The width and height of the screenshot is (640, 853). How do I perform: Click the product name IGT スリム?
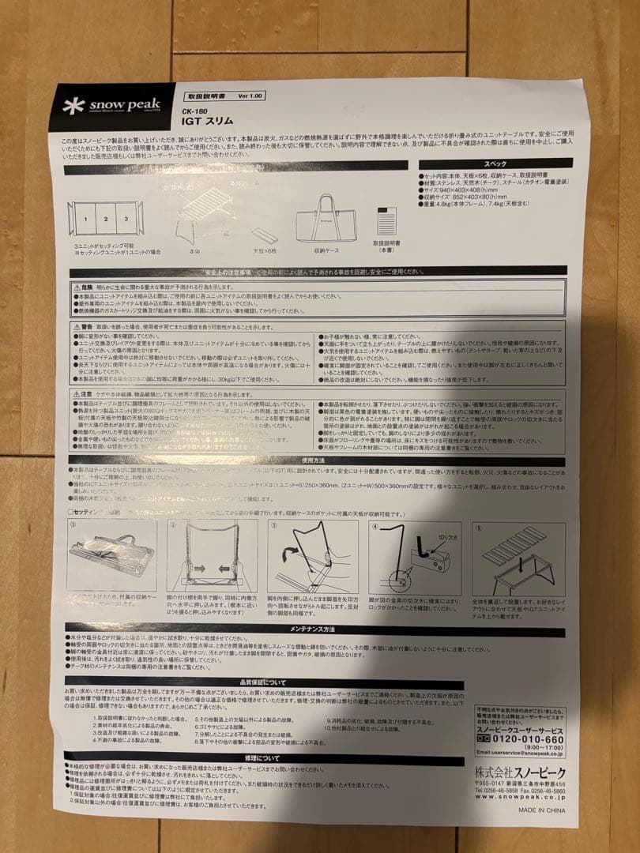[205, 123]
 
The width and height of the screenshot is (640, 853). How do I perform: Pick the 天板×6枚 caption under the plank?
[265, 250]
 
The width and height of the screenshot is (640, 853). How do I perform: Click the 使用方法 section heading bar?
[316, 462]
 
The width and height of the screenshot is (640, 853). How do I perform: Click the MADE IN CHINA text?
[541, 810]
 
